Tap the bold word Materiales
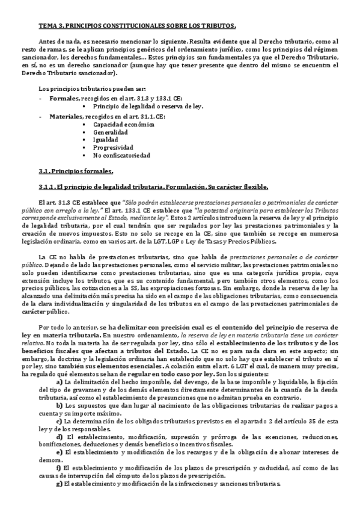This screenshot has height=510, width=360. click(x=66, y=115)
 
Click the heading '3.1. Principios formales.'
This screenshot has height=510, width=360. click(x=75, y=171)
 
